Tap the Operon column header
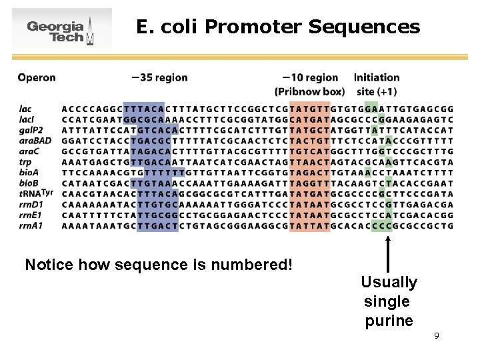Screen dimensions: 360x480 tap(37, 77)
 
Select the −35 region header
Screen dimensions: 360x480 tap(160, 77)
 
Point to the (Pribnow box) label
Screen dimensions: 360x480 tap(309, 91)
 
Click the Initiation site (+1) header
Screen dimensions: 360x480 tap(377, 84)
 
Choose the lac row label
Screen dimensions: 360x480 tap(25, 109)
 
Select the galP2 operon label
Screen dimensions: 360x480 tap(31, 130)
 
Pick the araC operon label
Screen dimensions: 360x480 tap(29, 151)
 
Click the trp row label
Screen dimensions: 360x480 tap(25, 162)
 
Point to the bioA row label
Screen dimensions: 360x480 tap(29, 172)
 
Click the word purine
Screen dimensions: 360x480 tap(389, 321)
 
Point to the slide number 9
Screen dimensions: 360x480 tap(436, 335)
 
